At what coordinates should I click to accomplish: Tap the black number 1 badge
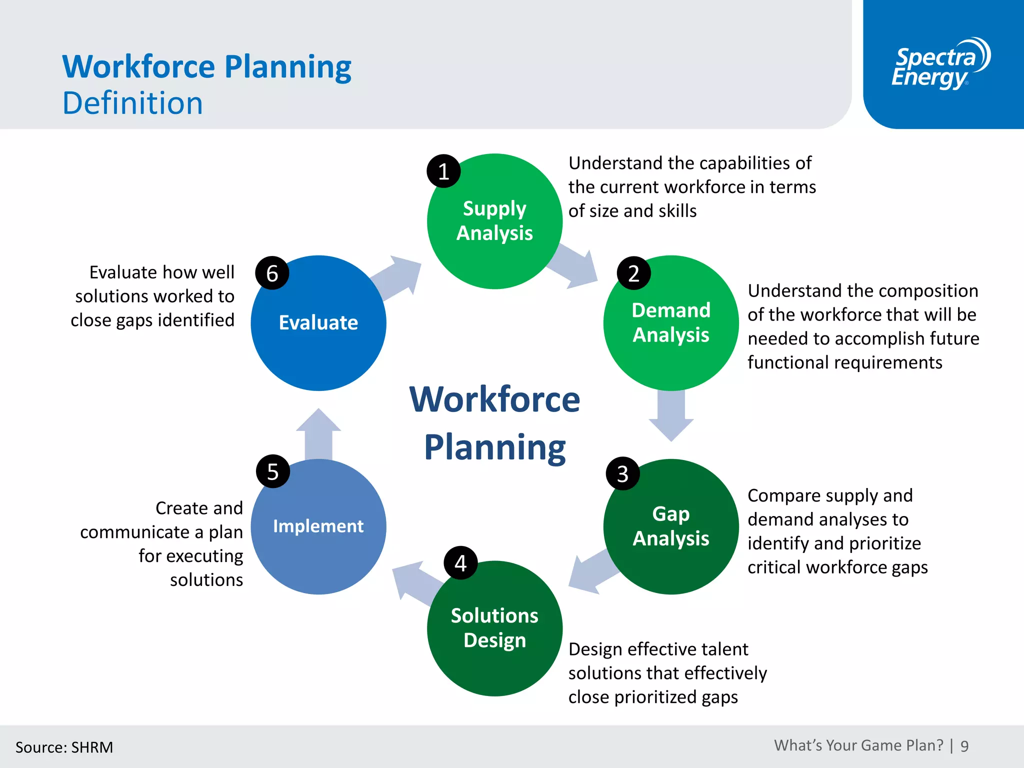[x=443, y=171]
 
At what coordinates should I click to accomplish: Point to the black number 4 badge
[x=460, y=563]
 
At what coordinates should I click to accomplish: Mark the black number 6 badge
[x=272, y=273]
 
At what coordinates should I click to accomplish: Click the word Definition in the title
[x=132, y=103]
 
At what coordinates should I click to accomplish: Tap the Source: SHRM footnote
[x=64, y=747]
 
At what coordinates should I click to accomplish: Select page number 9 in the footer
[x=964, y=746]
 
